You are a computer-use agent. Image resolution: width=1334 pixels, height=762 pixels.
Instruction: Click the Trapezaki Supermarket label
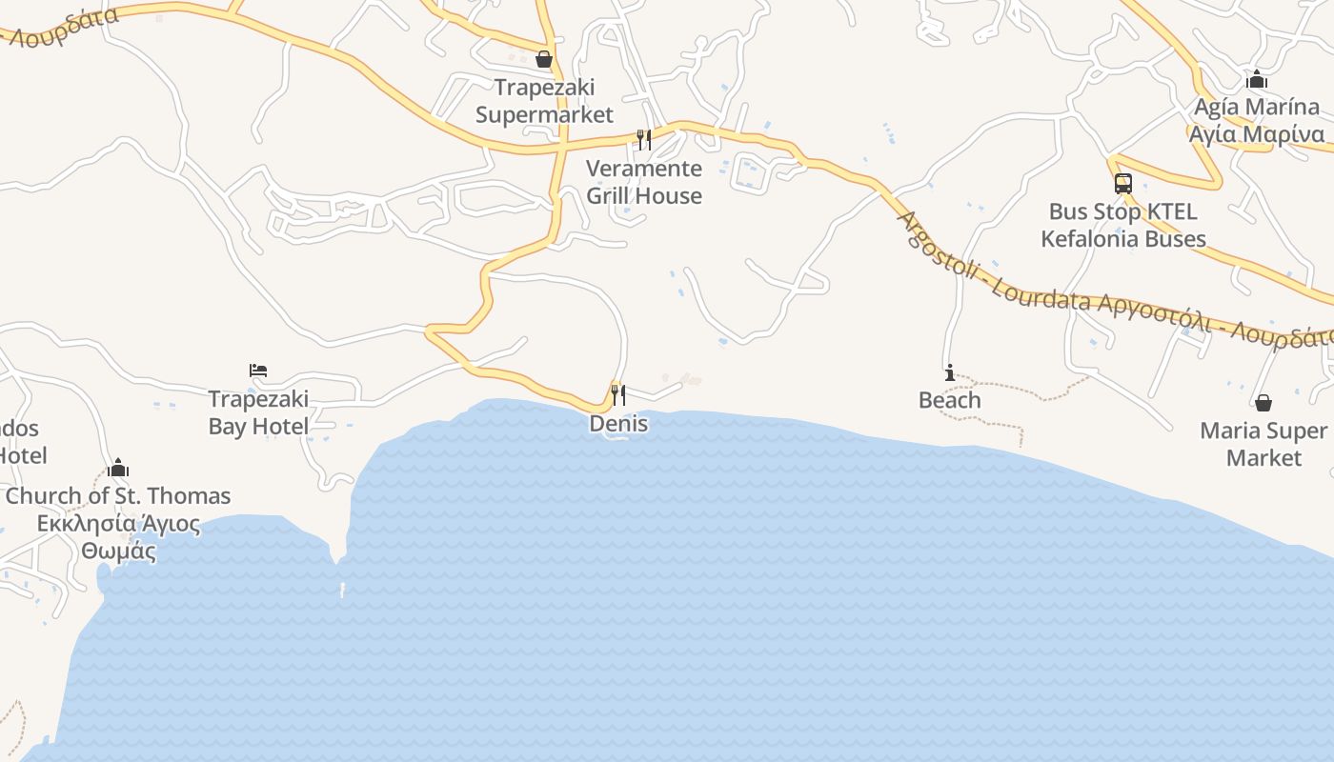click(x=544, y=101)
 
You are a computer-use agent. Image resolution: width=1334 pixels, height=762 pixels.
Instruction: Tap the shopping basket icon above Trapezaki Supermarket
click(x=544, y=60)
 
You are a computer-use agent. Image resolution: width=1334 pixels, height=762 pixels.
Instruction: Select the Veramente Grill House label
click(x=644, y=182)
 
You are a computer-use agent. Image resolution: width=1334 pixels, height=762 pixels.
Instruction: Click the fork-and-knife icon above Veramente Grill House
click(x=644, y=140)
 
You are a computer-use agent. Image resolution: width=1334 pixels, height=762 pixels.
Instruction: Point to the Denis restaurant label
click(x=618, y=424)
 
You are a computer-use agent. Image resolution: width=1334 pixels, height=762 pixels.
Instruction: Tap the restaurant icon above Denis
click(x=618, y=393)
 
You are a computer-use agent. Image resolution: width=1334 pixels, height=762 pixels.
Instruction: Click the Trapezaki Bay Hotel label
click(x=258, y=412)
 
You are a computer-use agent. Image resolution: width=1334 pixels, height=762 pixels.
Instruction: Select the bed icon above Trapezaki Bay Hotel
click(x=258, y=371)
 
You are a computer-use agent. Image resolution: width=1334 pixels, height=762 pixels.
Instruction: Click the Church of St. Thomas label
click(x=118, y=496)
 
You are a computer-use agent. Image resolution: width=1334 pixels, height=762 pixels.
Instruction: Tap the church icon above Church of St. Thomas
click(x=118, y=468)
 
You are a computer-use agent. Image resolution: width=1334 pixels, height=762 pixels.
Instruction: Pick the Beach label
click(x=949, y=400)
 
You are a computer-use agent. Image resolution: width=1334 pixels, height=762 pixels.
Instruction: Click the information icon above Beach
click(x=949, y=372)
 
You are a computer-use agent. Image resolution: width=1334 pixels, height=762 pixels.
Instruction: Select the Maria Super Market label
click(x=1263, y=444)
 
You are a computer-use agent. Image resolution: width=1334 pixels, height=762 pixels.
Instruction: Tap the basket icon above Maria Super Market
click(x=1263, y=403)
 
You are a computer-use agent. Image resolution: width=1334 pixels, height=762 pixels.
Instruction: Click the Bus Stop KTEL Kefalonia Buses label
click(x=1123, y=225)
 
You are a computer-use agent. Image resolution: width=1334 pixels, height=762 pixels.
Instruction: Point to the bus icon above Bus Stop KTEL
click(x=1123, y=183)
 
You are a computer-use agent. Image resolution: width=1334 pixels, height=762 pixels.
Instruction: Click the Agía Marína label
click(x=1257, y=107)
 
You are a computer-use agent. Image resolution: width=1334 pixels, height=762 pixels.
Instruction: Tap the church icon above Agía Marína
click(x=1257, y=79)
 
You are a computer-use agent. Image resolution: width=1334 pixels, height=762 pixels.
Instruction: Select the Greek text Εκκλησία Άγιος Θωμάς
click(x=118, y=537)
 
